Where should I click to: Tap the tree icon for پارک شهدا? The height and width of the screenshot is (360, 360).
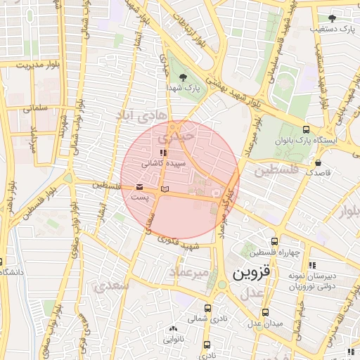coord(184,77)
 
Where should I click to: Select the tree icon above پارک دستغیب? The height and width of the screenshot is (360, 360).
coord(332,18)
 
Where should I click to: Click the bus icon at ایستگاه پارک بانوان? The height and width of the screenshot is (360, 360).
coord(306,129)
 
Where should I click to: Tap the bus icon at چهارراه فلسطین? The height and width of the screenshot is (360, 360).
coord(274,241)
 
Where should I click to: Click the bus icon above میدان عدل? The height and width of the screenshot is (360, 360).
coord(265,312)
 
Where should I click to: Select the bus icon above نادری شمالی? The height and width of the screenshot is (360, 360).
coord(207,308)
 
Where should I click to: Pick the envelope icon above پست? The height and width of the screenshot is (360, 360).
coord(139,188)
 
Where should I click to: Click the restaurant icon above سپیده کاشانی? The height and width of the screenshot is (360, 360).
coord(163,152)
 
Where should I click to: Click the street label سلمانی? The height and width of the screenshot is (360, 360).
coord(33,109)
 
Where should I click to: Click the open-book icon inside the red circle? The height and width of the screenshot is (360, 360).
coord(165,189)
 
